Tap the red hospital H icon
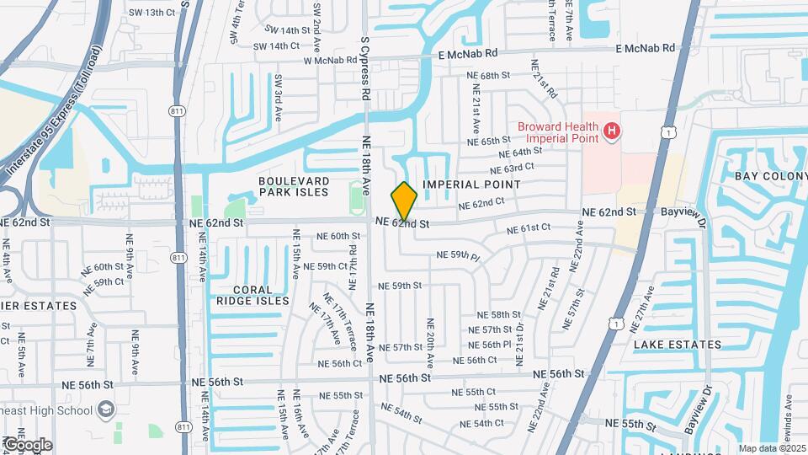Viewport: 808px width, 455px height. (612, 131)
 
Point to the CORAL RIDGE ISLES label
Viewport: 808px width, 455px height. (252, 294)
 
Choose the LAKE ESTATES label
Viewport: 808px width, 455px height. (678, 345)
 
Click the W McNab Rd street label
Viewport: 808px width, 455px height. (331, 60)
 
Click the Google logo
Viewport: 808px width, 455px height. (27, 444)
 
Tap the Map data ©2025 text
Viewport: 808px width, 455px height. (771, 448)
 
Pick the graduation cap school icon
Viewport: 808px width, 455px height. (106, 409)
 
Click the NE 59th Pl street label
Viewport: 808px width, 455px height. (458, 255)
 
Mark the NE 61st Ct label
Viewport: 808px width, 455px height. (529, 228)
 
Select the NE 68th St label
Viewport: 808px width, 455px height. (489, 76)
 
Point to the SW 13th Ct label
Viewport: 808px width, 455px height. (151, 13)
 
